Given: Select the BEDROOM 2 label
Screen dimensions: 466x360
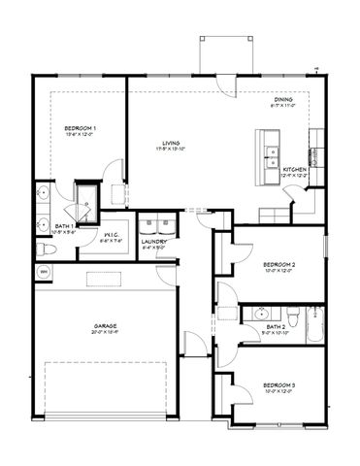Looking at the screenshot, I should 278,264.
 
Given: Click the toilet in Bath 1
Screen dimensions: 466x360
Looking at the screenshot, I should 45,251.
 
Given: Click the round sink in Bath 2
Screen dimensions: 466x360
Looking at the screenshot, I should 260,314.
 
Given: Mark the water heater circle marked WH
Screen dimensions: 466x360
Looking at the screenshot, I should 44,273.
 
